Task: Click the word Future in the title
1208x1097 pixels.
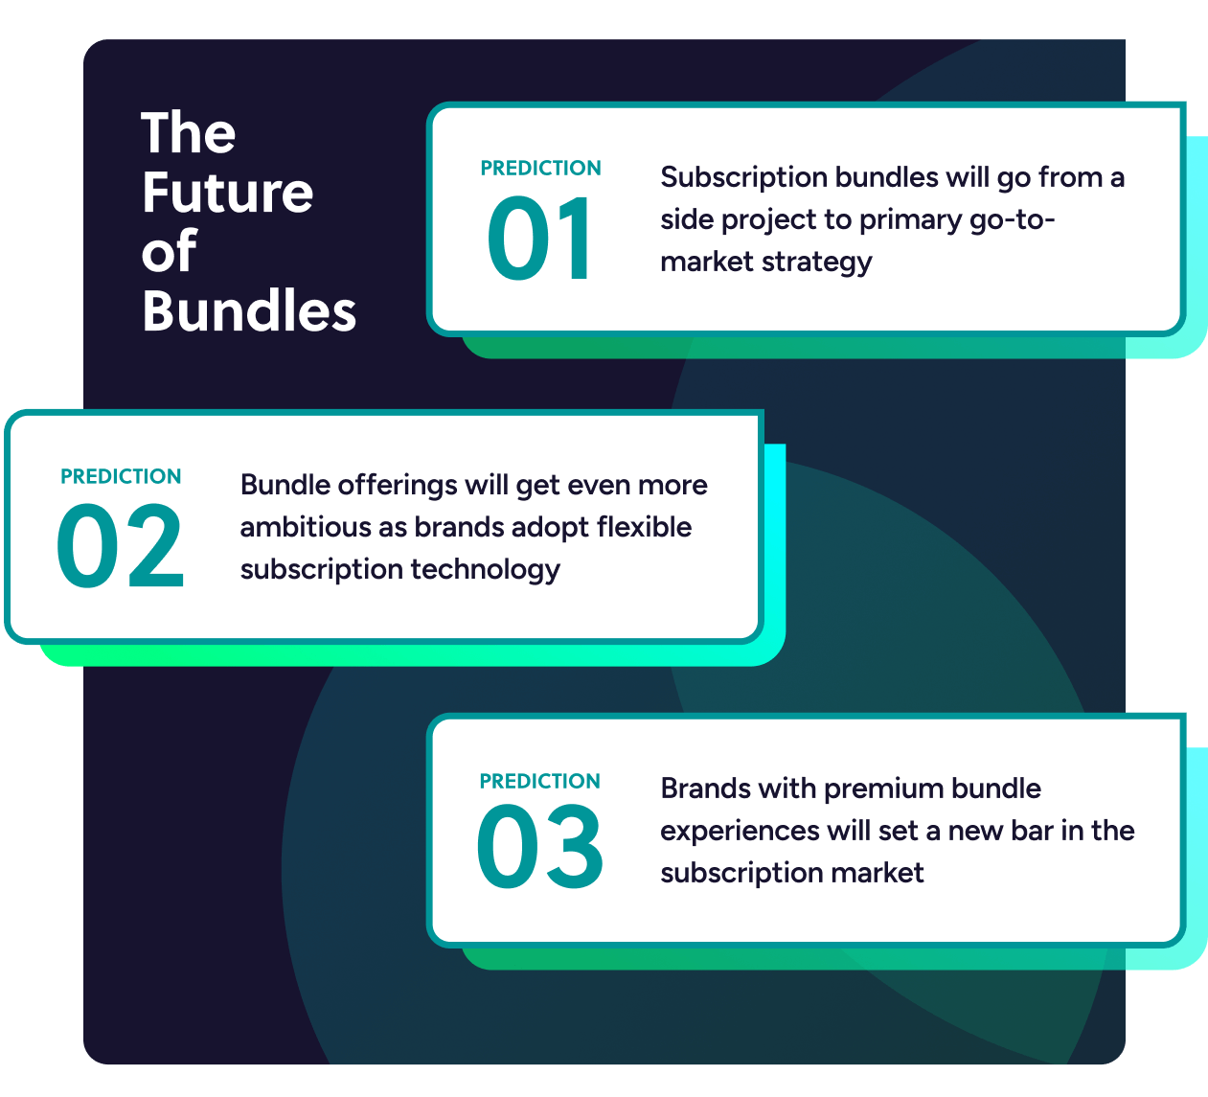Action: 228,193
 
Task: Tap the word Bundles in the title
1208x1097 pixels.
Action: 249,310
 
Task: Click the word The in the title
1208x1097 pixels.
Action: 188,133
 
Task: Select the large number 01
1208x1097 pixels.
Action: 539,239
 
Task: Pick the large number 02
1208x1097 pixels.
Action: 121,546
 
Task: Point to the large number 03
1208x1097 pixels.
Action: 539,847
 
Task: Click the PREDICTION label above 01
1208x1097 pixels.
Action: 540,168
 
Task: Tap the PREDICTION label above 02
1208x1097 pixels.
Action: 121,476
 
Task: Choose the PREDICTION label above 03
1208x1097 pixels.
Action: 540,782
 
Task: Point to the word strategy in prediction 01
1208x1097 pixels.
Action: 816,263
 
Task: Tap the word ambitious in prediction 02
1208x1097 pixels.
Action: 305,527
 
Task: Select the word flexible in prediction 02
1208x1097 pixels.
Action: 645,527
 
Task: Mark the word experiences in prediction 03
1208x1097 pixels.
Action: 740,832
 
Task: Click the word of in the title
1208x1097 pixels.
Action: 170,251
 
